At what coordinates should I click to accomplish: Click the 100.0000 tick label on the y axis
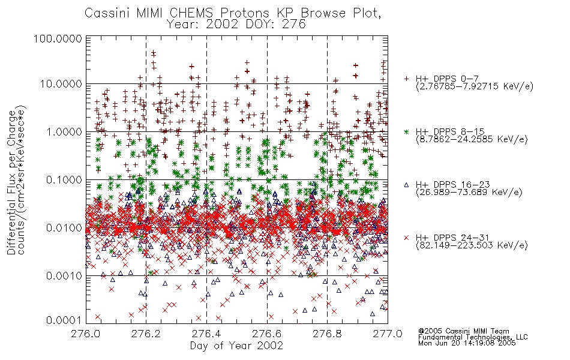(58, 38)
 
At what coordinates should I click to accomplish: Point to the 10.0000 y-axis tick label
(61, 84)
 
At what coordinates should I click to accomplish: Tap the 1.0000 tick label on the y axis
(64, 132)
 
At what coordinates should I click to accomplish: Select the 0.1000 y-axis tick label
(64, 180)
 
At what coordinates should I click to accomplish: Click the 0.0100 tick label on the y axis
(64, 228)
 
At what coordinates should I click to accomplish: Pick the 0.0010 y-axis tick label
(64, 276)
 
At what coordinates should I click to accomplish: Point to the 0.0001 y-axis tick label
(64, 320)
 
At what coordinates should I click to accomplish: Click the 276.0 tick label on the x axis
(86, 334)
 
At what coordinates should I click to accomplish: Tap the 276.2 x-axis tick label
(146, 334)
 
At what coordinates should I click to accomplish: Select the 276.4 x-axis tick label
(206, 334)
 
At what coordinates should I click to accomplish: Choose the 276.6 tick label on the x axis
(267, 334)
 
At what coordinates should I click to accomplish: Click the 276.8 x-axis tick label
(327, 334)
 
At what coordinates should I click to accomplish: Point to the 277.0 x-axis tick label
(388, 334)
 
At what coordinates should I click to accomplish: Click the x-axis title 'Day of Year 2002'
(236, 346)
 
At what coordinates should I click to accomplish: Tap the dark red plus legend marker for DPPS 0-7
(406, 79)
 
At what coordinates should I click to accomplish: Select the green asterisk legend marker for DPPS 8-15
(406, 131)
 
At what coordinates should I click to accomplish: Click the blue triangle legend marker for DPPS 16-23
(406, 185)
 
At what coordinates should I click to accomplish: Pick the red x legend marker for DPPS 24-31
(406, 238)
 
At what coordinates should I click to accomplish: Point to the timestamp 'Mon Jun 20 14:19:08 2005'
(467, 343)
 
